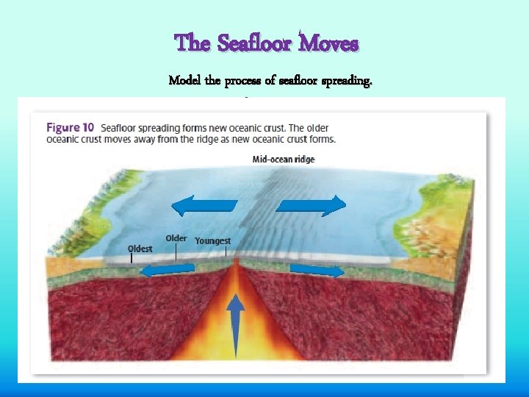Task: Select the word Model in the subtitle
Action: (185, 80)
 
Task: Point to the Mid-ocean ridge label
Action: (283, 159)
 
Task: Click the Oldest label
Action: (140, 248)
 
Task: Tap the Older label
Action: (176, 238)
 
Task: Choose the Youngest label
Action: (212, 240)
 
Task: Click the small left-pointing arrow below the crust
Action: (168, 271)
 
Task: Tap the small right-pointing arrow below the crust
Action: (317, 271)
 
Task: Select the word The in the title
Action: (192, 44)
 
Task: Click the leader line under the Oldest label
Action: (132, 258)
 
